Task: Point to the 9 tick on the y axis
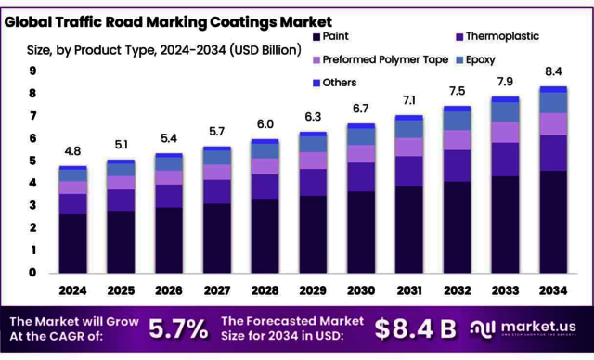32,71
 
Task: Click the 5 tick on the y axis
32,161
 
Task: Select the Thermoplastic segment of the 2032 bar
458,165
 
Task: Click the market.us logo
529,328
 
